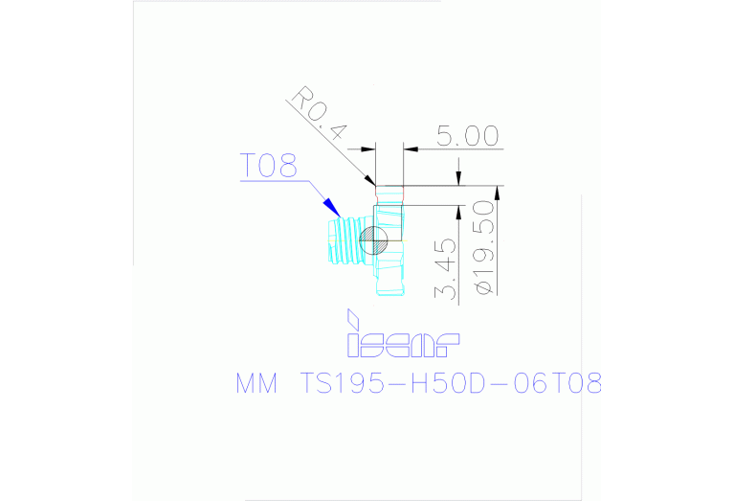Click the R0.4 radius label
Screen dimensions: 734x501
click(320, 113)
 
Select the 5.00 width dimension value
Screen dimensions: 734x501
click(468, 136)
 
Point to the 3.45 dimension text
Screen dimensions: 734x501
click(445, 268)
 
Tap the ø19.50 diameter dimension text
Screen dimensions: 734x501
click(484, 247)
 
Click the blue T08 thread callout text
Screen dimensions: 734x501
click(269, 166)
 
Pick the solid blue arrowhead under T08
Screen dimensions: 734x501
click(332, 208)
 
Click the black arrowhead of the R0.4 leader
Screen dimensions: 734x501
click(369, 180)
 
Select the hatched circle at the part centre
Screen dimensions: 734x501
click(373, 240)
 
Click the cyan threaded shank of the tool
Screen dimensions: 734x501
click(345, 240)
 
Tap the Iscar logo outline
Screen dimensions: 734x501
click(403, 345)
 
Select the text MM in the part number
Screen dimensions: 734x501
click(256, 383)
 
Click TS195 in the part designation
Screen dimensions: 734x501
click(342, 383)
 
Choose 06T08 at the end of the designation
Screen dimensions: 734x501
click(557, 383)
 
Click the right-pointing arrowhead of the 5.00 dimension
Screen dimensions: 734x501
click(367, 149)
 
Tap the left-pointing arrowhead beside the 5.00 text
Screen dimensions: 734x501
click(411, 149)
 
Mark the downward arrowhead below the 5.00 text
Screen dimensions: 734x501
click(458, 177)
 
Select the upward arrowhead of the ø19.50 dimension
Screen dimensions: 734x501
click(497, 194)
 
